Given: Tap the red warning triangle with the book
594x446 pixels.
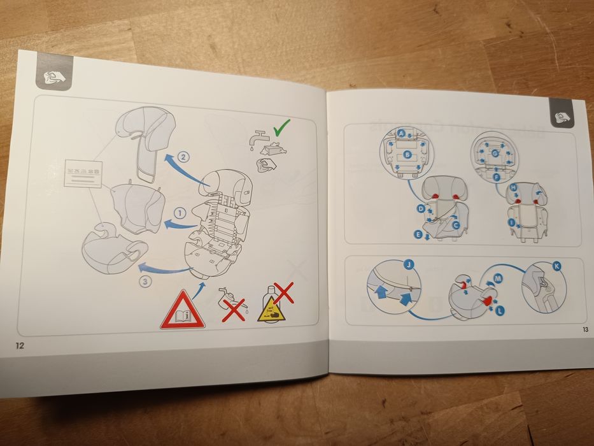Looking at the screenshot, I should coord(183,312).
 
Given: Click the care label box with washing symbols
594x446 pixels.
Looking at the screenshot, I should coord(83,176).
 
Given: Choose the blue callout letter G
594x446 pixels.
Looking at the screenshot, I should coord(493,154).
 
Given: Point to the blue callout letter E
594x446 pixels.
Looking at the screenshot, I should coord(418,235).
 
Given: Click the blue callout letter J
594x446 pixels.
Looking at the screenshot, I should coord(408,264).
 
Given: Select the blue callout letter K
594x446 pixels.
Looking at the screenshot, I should coord(557,268).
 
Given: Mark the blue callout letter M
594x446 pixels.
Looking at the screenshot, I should coord(497,278).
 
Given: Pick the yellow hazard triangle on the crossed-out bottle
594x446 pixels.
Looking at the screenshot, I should coord(269,311).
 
